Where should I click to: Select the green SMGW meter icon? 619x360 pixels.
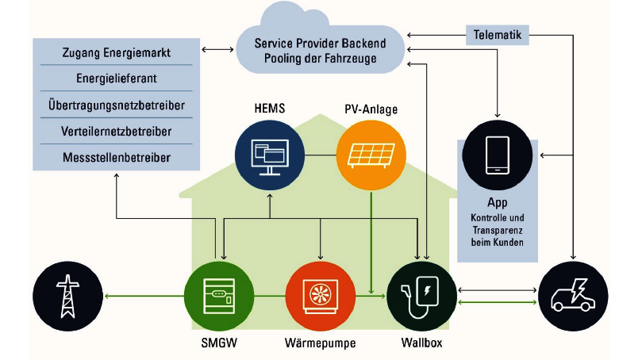[215, 296]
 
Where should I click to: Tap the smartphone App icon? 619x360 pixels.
[497, 154]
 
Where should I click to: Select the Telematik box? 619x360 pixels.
[497, 36]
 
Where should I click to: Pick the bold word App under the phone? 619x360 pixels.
[498, 203]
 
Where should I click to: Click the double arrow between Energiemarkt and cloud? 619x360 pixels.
[214, 50]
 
